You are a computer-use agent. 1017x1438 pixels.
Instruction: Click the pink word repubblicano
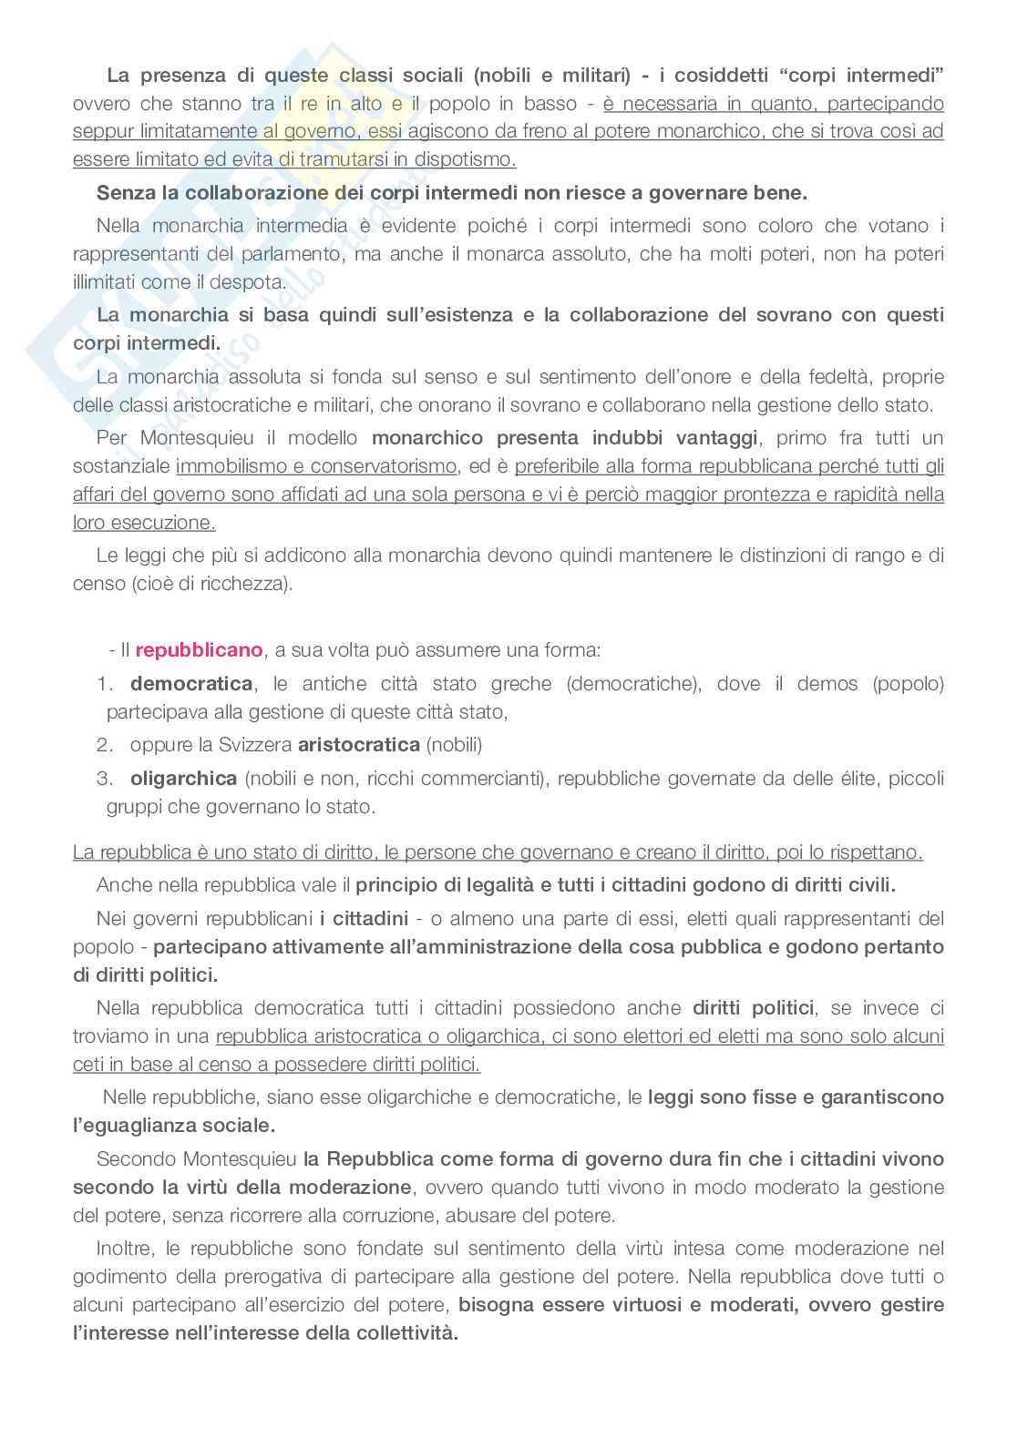point(199,650)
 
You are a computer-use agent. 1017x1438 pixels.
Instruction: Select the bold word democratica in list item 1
point(191,684)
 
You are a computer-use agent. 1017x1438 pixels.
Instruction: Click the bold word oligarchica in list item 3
point(183,779)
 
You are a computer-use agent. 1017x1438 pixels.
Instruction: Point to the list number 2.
point(104,745)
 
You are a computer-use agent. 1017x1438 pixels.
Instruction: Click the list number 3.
point(104,779)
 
